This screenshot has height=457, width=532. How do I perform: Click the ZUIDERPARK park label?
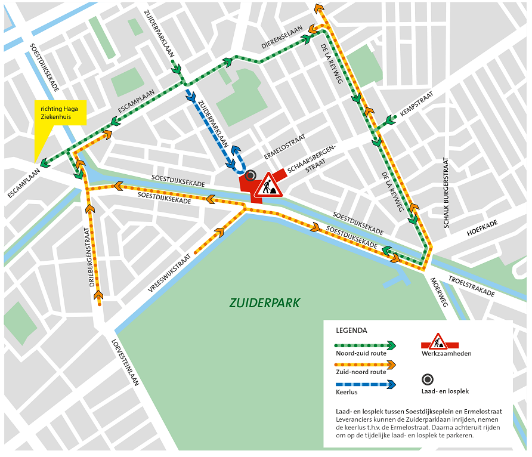[x=265, y=303]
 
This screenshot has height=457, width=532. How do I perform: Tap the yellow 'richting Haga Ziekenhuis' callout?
[x=61, y=113]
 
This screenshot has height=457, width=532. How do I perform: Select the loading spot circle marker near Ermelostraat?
[x=250, y=175]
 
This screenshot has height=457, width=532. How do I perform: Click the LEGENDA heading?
[x=351, y=330]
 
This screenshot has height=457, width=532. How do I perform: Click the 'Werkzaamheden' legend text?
[x=447, y=354]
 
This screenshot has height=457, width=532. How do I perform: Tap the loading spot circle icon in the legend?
[x=428, y=379]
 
